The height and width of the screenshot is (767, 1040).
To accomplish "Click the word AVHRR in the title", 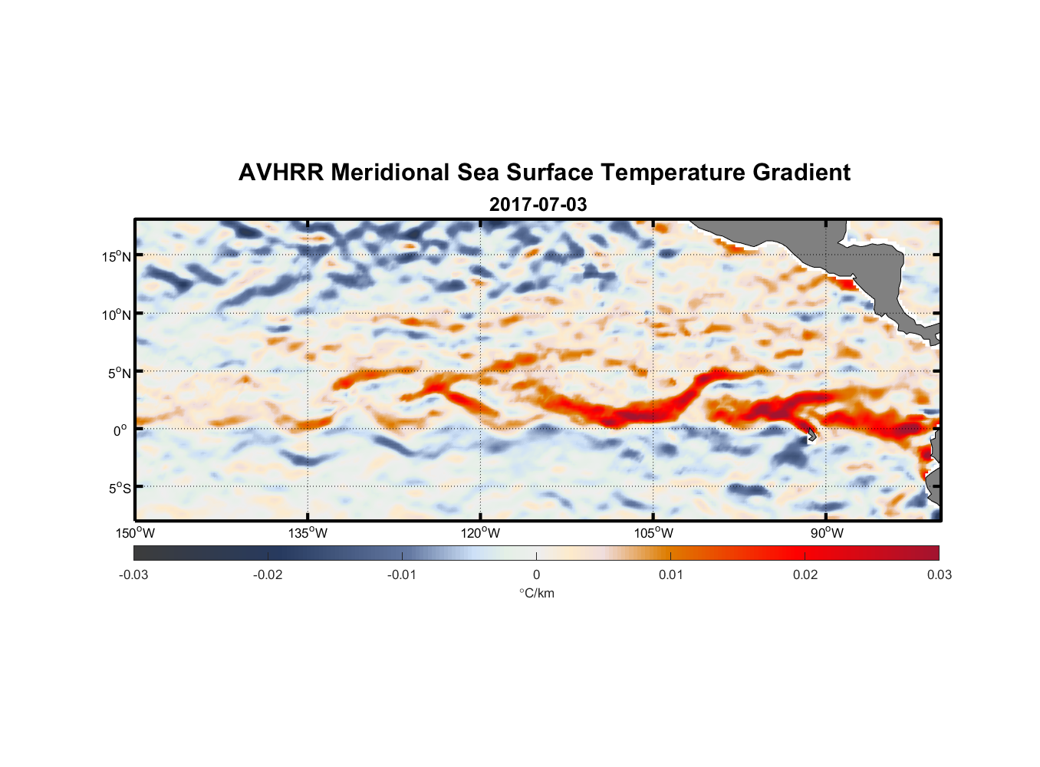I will pyautogui.click(x=281, y=173).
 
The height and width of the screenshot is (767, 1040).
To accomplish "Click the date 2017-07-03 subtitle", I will pyautogui.click(x=538, y=205).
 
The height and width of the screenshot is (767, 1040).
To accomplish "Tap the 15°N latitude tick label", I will pyautogui.click(x=117, y=256).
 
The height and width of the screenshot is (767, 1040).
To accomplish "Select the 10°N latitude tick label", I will pyautogui.click(x=117, y=314).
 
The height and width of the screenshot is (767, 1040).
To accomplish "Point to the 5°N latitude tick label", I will pyautogui.click(x=119, y=373).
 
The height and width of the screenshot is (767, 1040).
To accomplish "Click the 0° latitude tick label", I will pyautogui.click(x=120, y=430).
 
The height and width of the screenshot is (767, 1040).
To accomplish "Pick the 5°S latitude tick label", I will pyautogui.click(x=119, y=488).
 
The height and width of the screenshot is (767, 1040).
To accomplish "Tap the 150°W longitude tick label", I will pyautogui.click(x=136, y=533).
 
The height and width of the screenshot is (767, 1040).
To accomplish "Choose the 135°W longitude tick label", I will pyautogui.click(x=308, y=533).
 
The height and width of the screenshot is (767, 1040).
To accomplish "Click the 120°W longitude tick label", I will pyautogui.click(x=481, y=533).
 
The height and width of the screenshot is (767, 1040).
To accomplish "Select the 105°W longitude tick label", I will pyautogui.click(x=653, y=533).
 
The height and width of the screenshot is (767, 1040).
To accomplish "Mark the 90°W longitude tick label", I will pyautogui.click(x=827, y=533).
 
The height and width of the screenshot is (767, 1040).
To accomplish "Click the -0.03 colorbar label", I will pyautogui.click(x=133, y=574).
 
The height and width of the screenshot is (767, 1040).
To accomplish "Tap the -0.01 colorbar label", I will pyautogui.click(x=402, y=574).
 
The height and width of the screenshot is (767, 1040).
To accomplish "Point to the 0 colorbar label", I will pyautogui.click(x=536, y=574).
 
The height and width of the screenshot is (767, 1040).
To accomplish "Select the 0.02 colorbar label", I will pyautogui.click(x=805, y=574).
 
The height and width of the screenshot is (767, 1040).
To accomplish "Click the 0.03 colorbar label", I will pyautogui.click(x=939, y=574).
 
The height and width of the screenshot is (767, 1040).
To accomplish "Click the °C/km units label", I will pyautogui.click(x=537, y=593).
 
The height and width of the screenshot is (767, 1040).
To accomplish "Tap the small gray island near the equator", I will pyautogui.click(x=811, y=434).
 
